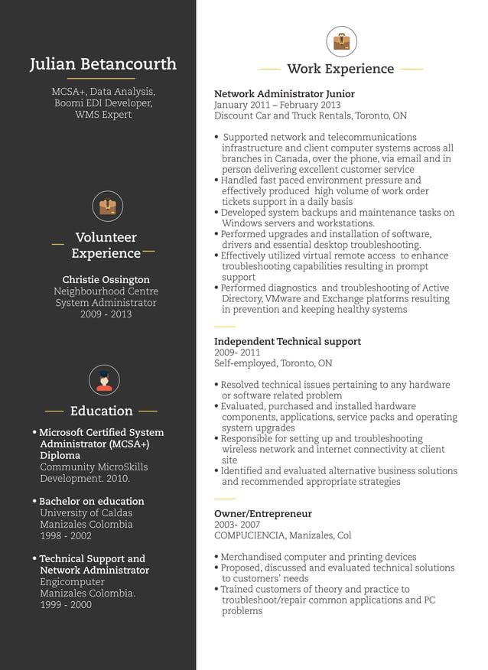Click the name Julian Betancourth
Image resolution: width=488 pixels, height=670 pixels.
(x=103, y=64)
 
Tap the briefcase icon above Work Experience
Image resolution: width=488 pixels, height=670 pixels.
(x=341, y=41)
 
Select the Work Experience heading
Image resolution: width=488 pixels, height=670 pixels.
(x=340, y=69)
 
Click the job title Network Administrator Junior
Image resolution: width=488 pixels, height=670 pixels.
(x=285, y=94)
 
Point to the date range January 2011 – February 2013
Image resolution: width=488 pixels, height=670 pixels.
(x=277, y=105)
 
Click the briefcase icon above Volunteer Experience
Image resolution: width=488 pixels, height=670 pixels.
(x=107, y=207)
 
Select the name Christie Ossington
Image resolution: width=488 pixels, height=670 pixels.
(x=106, y=280)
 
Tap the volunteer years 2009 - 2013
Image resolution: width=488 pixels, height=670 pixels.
(x=106, y=314)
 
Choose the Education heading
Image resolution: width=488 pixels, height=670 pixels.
(x=102, y=411)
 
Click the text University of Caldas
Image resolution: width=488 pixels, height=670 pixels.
(x=86, y=513)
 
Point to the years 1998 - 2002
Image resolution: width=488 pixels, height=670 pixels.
(x=66, y=536)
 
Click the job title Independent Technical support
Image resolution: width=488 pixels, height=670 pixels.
(x=288, y=342)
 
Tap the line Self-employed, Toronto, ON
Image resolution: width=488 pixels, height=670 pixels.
(x=273, y=363)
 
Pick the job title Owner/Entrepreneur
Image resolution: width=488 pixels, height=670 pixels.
(x=263, y=514)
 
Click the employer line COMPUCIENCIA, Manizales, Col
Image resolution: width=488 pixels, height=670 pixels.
(x=282, y=535)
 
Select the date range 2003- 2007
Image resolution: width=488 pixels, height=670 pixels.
(x=237, y=525)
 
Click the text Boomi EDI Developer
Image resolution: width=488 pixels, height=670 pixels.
(x=103, y=103)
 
